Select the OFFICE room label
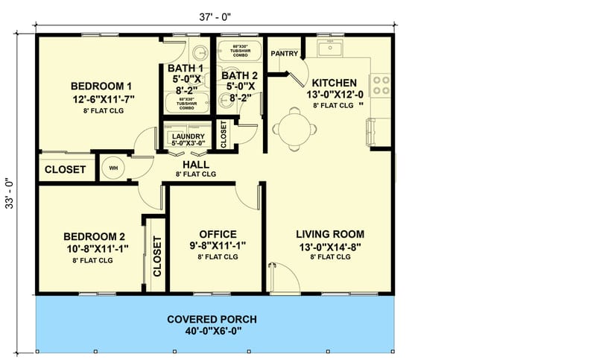point(218,233)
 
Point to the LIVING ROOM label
point(329,233)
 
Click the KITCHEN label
point(334,82)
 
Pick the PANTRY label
point(285,54)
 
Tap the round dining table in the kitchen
point(288,127)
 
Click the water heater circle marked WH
point(114,168)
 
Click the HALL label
point(195,164)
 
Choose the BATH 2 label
point(240,75)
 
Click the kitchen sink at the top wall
point(329,48)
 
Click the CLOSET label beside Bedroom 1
point(65,170)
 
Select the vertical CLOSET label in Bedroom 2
point(157,256)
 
